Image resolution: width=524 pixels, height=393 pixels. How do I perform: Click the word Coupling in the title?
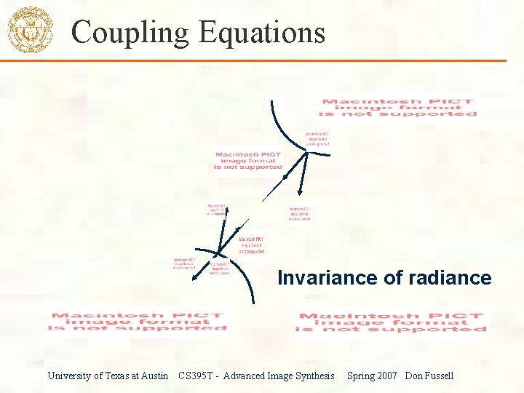pos(120,33)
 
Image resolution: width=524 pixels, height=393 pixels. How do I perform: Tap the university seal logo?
pos(30,31)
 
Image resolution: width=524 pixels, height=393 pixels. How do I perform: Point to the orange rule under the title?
pos(291,60)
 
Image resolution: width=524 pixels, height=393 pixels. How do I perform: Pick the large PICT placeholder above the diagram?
pos(400,108)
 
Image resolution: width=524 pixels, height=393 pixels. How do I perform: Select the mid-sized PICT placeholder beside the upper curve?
pos(248,161)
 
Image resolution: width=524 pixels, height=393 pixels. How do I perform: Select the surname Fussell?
pos(440,376)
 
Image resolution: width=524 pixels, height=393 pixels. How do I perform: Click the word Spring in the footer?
pos(361,376)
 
